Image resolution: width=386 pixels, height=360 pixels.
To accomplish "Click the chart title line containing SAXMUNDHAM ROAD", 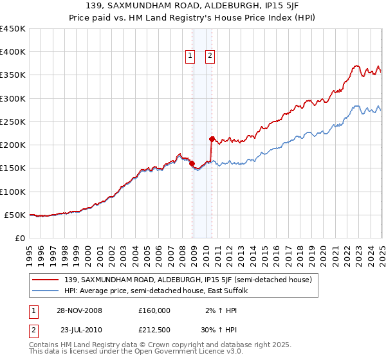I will [193, 5].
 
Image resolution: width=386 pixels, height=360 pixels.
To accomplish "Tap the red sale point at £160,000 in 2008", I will [192, 163].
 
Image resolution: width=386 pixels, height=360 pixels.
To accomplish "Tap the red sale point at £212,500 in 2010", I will [212, 139].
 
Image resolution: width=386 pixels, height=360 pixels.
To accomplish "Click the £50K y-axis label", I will [15, 215].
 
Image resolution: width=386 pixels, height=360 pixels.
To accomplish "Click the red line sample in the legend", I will [46, 280].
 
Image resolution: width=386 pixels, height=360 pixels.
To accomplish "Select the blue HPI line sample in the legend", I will [46, 291].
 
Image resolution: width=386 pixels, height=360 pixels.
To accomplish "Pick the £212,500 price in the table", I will [154, 331].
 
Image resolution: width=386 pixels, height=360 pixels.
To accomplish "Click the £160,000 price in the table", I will [154, 310].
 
